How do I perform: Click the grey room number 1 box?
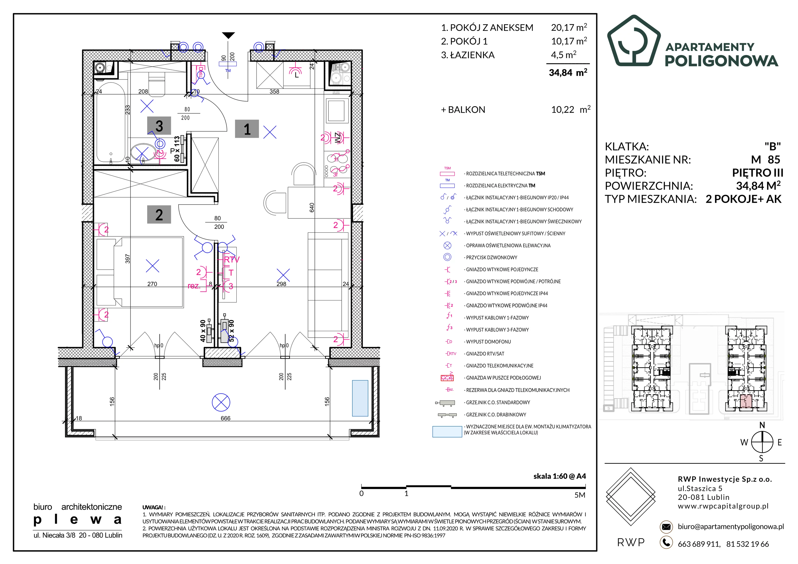point(247,129)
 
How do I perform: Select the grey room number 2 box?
point(159,214)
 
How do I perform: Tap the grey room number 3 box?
point(159,126)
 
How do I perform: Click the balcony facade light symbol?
point(221,403)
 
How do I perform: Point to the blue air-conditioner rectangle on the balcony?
point(360,398)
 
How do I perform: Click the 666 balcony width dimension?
point(226,418)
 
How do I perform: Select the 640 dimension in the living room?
point(312,208)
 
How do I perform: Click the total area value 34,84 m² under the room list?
point(568,72)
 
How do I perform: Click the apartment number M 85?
point(766,160)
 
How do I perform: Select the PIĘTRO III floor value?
point(758,173)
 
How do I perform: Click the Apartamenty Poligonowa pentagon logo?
point(634,41)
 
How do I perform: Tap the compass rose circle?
point(762,442)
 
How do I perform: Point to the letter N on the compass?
point(762,425)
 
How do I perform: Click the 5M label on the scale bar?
point(580,495)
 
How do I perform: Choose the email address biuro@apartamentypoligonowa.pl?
point(731,526)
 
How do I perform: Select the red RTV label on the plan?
point(231,260)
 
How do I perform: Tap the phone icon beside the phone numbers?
point(666,543)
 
